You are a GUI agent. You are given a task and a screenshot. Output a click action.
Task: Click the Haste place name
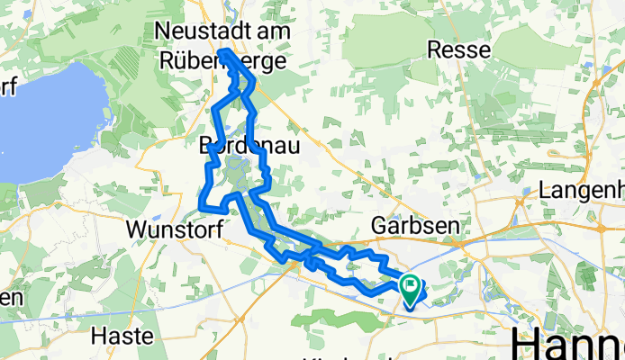coord(127,337)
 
